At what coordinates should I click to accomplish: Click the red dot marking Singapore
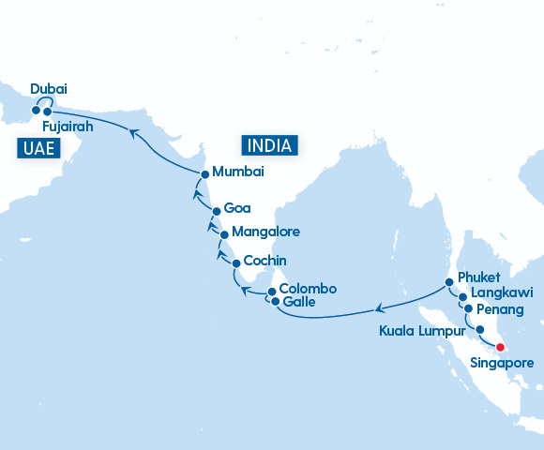500,347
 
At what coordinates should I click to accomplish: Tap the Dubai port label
49,89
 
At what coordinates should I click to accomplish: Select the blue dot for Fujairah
47,112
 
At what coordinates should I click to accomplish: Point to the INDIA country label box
270,145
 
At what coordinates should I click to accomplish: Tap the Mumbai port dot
205,172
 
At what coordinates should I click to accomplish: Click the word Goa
237,209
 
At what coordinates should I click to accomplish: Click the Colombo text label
308,288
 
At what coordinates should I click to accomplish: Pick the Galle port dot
274,302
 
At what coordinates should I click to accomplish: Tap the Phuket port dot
449,282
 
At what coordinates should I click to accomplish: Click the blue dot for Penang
468,307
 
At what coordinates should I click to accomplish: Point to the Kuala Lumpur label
422,331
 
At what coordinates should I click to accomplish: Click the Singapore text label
502,363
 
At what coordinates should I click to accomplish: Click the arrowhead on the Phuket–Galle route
379,307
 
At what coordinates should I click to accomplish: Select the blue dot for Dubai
36,110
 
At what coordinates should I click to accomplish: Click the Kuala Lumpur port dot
480,329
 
